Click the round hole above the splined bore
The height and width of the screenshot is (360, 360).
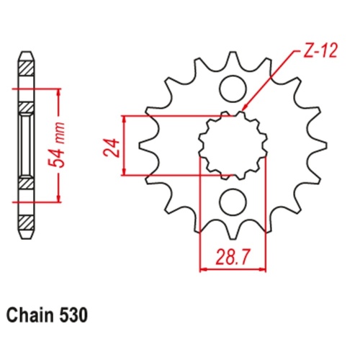coord(232,89)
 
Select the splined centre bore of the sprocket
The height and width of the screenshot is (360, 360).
coord(232,144)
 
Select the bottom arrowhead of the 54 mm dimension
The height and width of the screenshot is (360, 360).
coord(57,199)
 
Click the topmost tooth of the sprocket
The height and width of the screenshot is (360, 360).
coord(232,58)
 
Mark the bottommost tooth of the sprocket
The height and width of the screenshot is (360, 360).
coord(232,232)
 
